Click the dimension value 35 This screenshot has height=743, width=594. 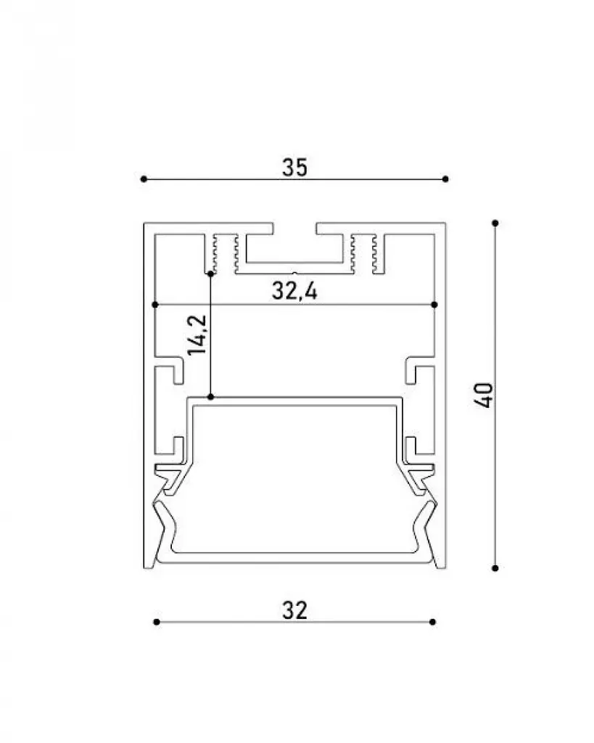(294, 168)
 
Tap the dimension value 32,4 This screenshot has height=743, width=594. (294, 290)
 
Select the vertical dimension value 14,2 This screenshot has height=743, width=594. (197, 334)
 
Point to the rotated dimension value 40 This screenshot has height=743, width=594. (484, 395)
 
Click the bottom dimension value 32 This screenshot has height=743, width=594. (294, 610)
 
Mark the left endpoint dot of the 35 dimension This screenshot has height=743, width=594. (144, 179)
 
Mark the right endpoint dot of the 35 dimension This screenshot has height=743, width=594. (445, 179)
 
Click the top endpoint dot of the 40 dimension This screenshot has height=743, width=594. (495, 223)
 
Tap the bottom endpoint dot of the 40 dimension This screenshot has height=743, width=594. (495, 567)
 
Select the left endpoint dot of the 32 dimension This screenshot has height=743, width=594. (157, 622)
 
